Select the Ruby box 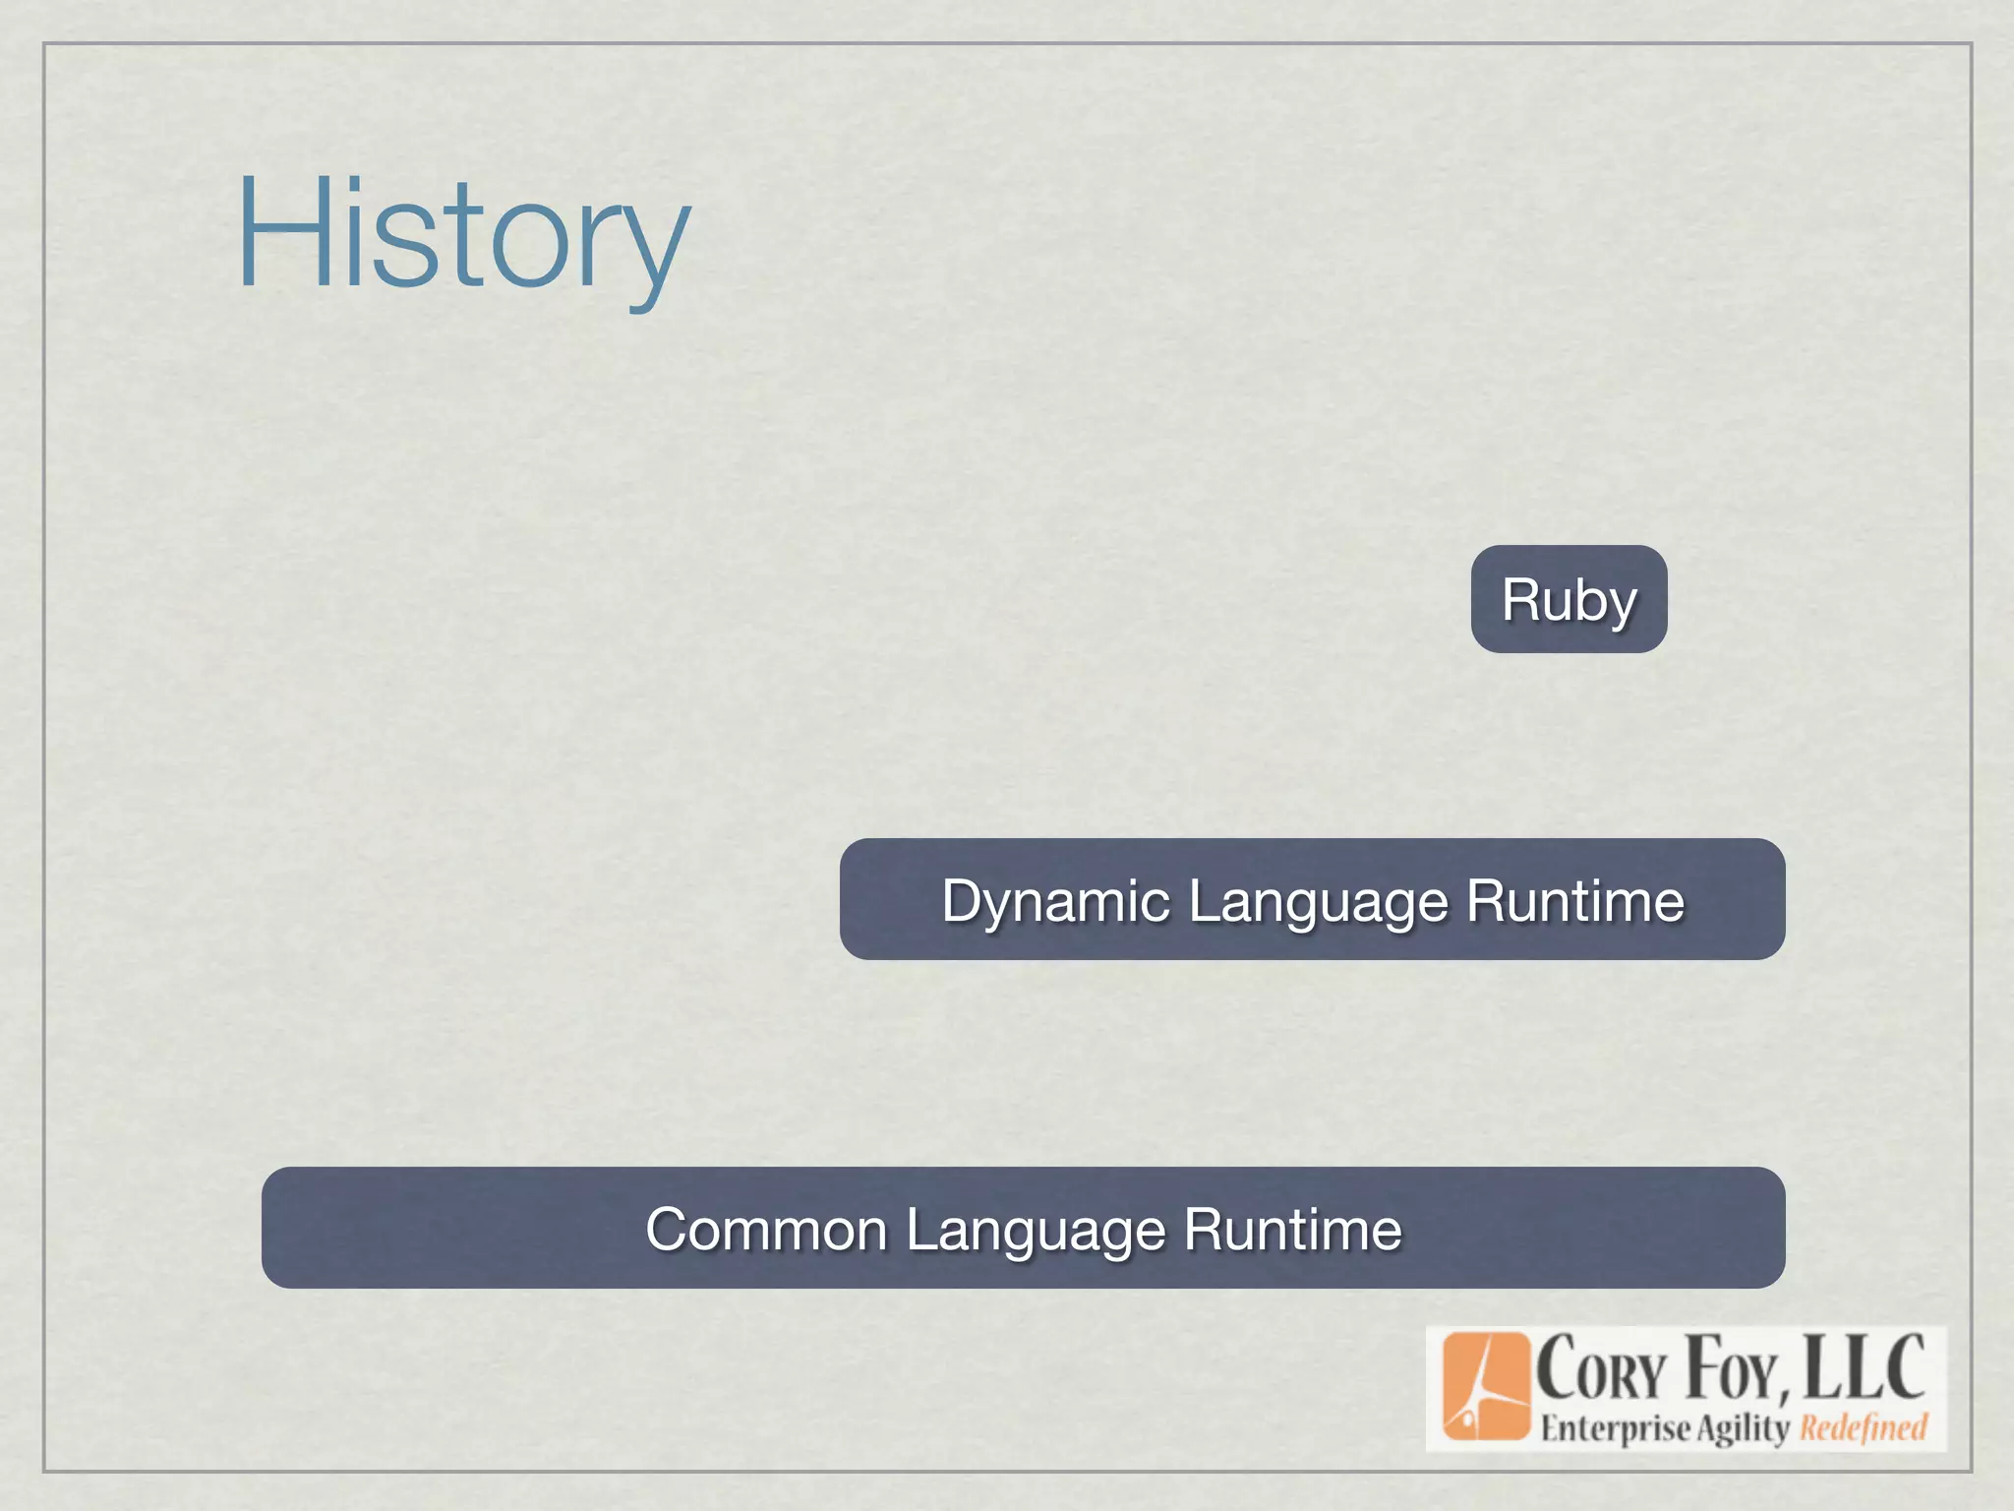[1569, 599]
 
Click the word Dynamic [1056, 901]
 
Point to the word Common [766, 1230]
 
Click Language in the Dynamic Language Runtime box [1319, 901]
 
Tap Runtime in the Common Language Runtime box [1292, 1230]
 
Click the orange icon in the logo [1486, 1387]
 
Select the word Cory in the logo [1603, 1369]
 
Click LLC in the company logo [1865, 1367]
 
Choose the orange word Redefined [1863, 1427]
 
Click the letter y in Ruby [1619, 607]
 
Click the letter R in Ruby [1520, 599]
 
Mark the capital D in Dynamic [961, 899]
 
